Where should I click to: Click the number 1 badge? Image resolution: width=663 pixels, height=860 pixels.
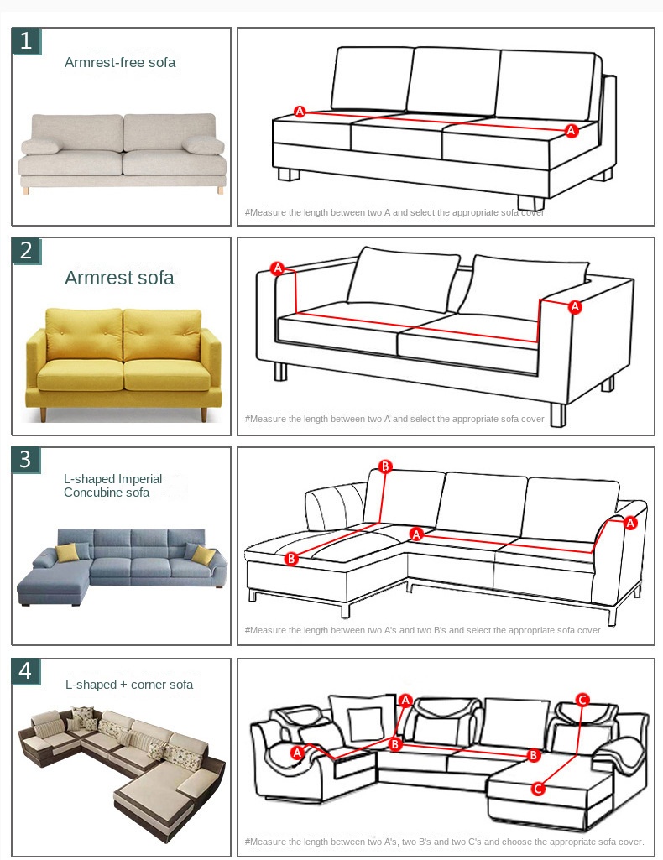click(26, 41)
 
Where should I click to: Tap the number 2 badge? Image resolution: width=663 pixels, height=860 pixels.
click(26, 251)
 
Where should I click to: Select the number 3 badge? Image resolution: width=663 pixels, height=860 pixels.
click(26, 461)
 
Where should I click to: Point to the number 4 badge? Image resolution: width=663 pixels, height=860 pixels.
click(26, 671)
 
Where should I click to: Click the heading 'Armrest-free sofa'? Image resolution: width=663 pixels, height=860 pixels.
click(120, 63)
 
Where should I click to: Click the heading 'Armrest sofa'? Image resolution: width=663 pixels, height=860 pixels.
click(119, 278)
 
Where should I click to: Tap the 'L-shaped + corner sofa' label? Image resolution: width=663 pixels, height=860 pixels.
click(129, 685)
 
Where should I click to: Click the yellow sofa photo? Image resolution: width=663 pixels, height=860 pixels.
click(123, 364)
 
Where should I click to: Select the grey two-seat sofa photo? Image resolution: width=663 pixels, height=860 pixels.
click(123, 153)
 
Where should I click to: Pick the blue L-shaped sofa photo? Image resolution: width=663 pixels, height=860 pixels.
click(122, 566)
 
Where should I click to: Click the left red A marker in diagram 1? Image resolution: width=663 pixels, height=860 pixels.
click(300, 112)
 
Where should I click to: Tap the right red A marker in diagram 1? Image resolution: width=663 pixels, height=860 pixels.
click(571, 131)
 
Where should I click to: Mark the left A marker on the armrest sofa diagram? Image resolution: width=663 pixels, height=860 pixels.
click(278, 268)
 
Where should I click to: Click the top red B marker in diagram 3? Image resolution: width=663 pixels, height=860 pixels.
click(385, 466)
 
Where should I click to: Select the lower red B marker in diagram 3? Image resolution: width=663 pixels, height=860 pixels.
click(291, 558)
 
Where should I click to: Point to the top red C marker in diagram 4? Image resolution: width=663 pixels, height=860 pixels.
click(582, 699)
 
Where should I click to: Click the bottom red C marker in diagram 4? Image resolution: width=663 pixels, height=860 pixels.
click(538, 789)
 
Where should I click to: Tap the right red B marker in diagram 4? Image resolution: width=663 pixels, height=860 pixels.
click(533, 755)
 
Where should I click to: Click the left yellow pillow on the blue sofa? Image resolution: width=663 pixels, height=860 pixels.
click(66, 552)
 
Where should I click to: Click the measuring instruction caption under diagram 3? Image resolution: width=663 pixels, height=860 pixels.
click(423, 630)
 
